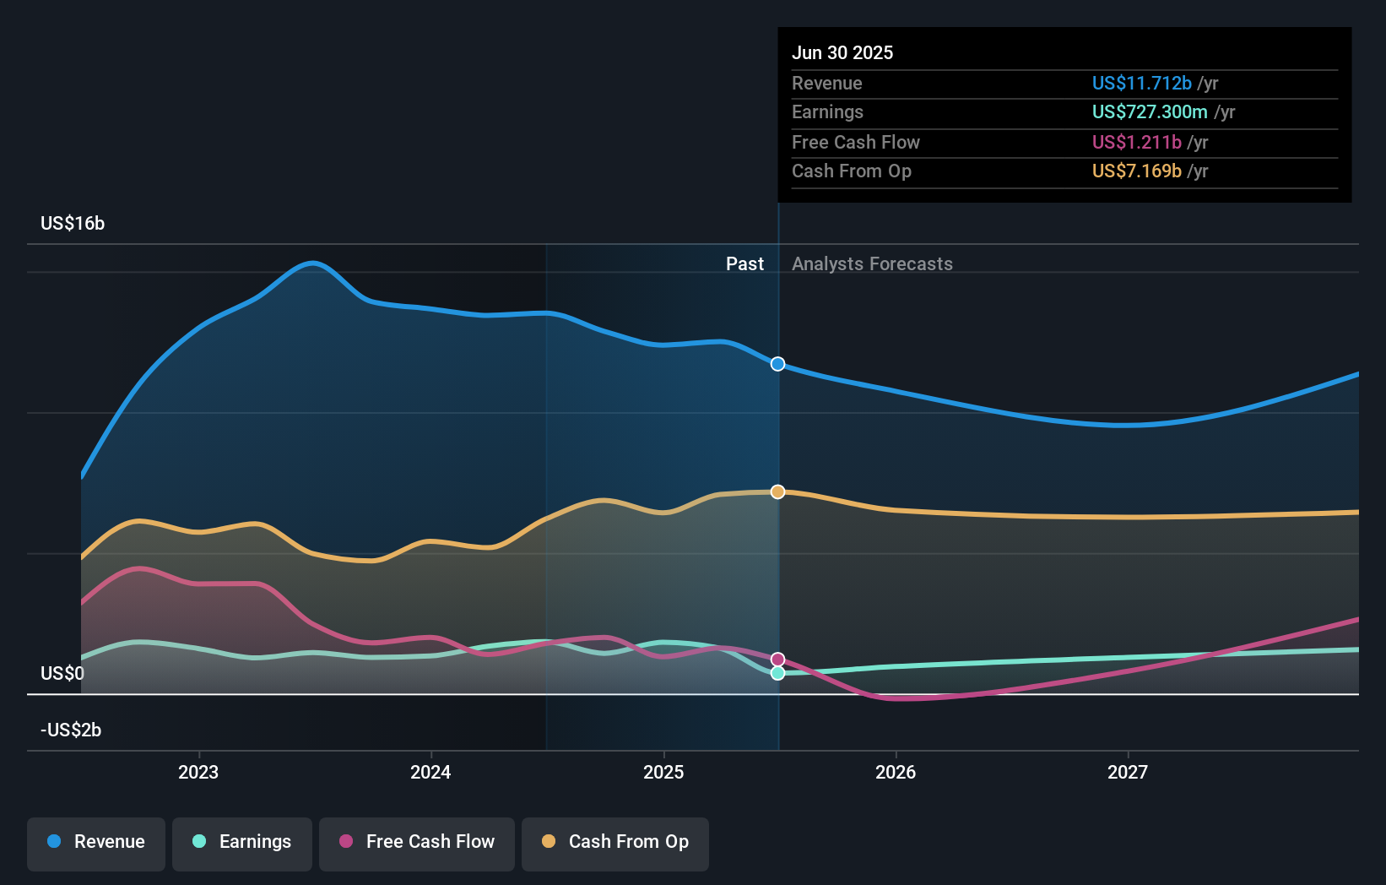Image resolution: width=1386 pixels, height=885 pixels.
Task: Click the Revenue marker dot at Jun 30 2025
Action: [x=777, y=364]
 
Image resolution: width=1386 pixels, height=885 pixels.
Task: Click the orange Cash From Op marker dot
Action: [x=777, y=491]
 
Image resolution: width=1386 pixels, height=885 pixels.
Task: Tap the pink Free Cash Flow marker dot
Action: [x=777, y=660]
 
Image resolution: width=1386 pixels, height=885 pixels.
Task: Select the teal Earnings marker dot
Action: [x=777, y=673]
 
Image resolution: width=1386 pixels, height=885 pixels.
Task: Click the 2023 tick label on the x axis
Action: [x=198, y=772]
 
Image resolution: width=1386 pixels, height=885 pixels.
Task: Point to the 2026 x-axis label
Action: [x=896, y=772]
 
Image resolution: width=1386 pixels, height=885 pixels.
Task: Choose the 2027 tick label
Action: [x=1128, y=772]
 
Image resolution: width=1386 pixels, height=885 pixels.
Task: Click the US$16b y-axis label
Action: [x=73, y=224]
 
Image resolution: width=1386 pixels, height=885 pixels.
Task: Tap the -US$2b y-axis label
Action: [x=71, y=730]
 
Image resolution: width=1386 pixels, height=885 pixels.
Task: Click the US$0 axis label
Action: [x=62, y=673]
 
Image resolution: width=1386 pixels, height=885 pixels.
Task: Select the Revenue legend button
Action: [x=96, y=842]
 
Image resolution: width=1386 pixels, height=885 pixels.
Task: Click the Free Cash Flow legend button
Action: [x=417, y=842]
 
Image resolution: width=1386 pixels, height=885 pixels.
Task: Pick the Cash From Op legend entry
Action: [x=615, y=842]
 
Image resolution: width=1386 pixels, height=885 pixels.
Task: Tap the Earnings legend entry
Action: [x=242, y=842]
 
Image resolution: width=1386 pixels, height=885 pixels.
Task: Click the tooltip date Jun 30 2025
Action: [x=842, y=52]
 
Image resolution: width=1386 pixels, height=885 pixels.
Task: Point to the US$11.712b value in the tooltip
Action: [x=1141, y=83]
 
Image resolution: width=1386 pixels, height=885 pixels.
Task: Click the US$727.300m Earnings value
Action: [x=1150, y=111]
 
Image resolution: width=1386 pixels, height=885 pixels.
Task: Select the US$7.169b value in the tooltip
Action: [x=1136, y=171]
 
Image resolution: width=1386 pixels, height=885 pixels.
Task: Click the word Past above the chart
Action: [x=744, y=264]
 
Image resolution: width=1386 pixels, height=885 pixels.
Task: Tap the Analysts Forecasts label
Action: [x=872, y=264]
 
